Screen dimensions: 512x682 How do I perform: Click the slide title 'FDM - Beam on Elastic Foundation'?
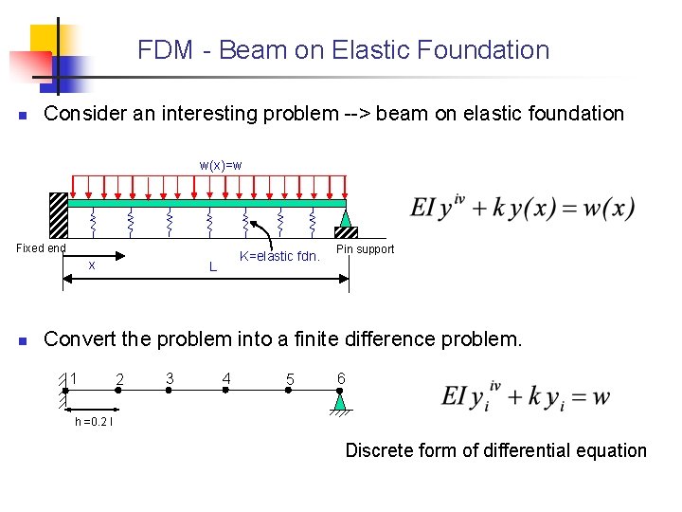343,50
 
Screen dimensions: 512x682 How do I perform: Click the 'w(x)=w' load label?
220,165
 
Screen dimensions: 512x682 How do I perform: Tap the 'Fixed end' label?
41,248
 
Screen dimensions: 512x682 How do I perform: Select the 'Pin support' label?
365,249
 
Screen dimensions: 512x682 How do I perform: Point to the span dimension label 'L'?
212,267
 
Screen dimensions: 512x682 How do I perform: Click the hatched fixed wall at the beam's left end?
59,214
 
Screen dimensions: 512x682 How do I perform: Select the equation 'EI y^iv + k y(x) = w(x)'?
522,209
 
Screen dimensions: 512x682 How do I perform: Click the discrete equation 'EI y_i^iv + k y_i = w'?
526,396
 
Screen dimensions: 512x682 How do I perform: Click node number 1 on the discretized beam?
72,379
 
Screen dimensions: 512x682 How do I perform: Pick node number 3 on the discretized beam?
169,379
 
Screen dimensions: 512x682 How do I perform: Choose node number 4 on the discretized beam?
225,379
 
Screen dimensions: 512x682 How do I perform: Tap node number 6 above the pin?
341,378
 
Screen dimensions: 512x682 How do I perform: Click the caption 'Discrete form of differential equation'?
495,451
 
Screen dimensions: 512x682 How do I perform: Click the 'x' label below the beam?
91,265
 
